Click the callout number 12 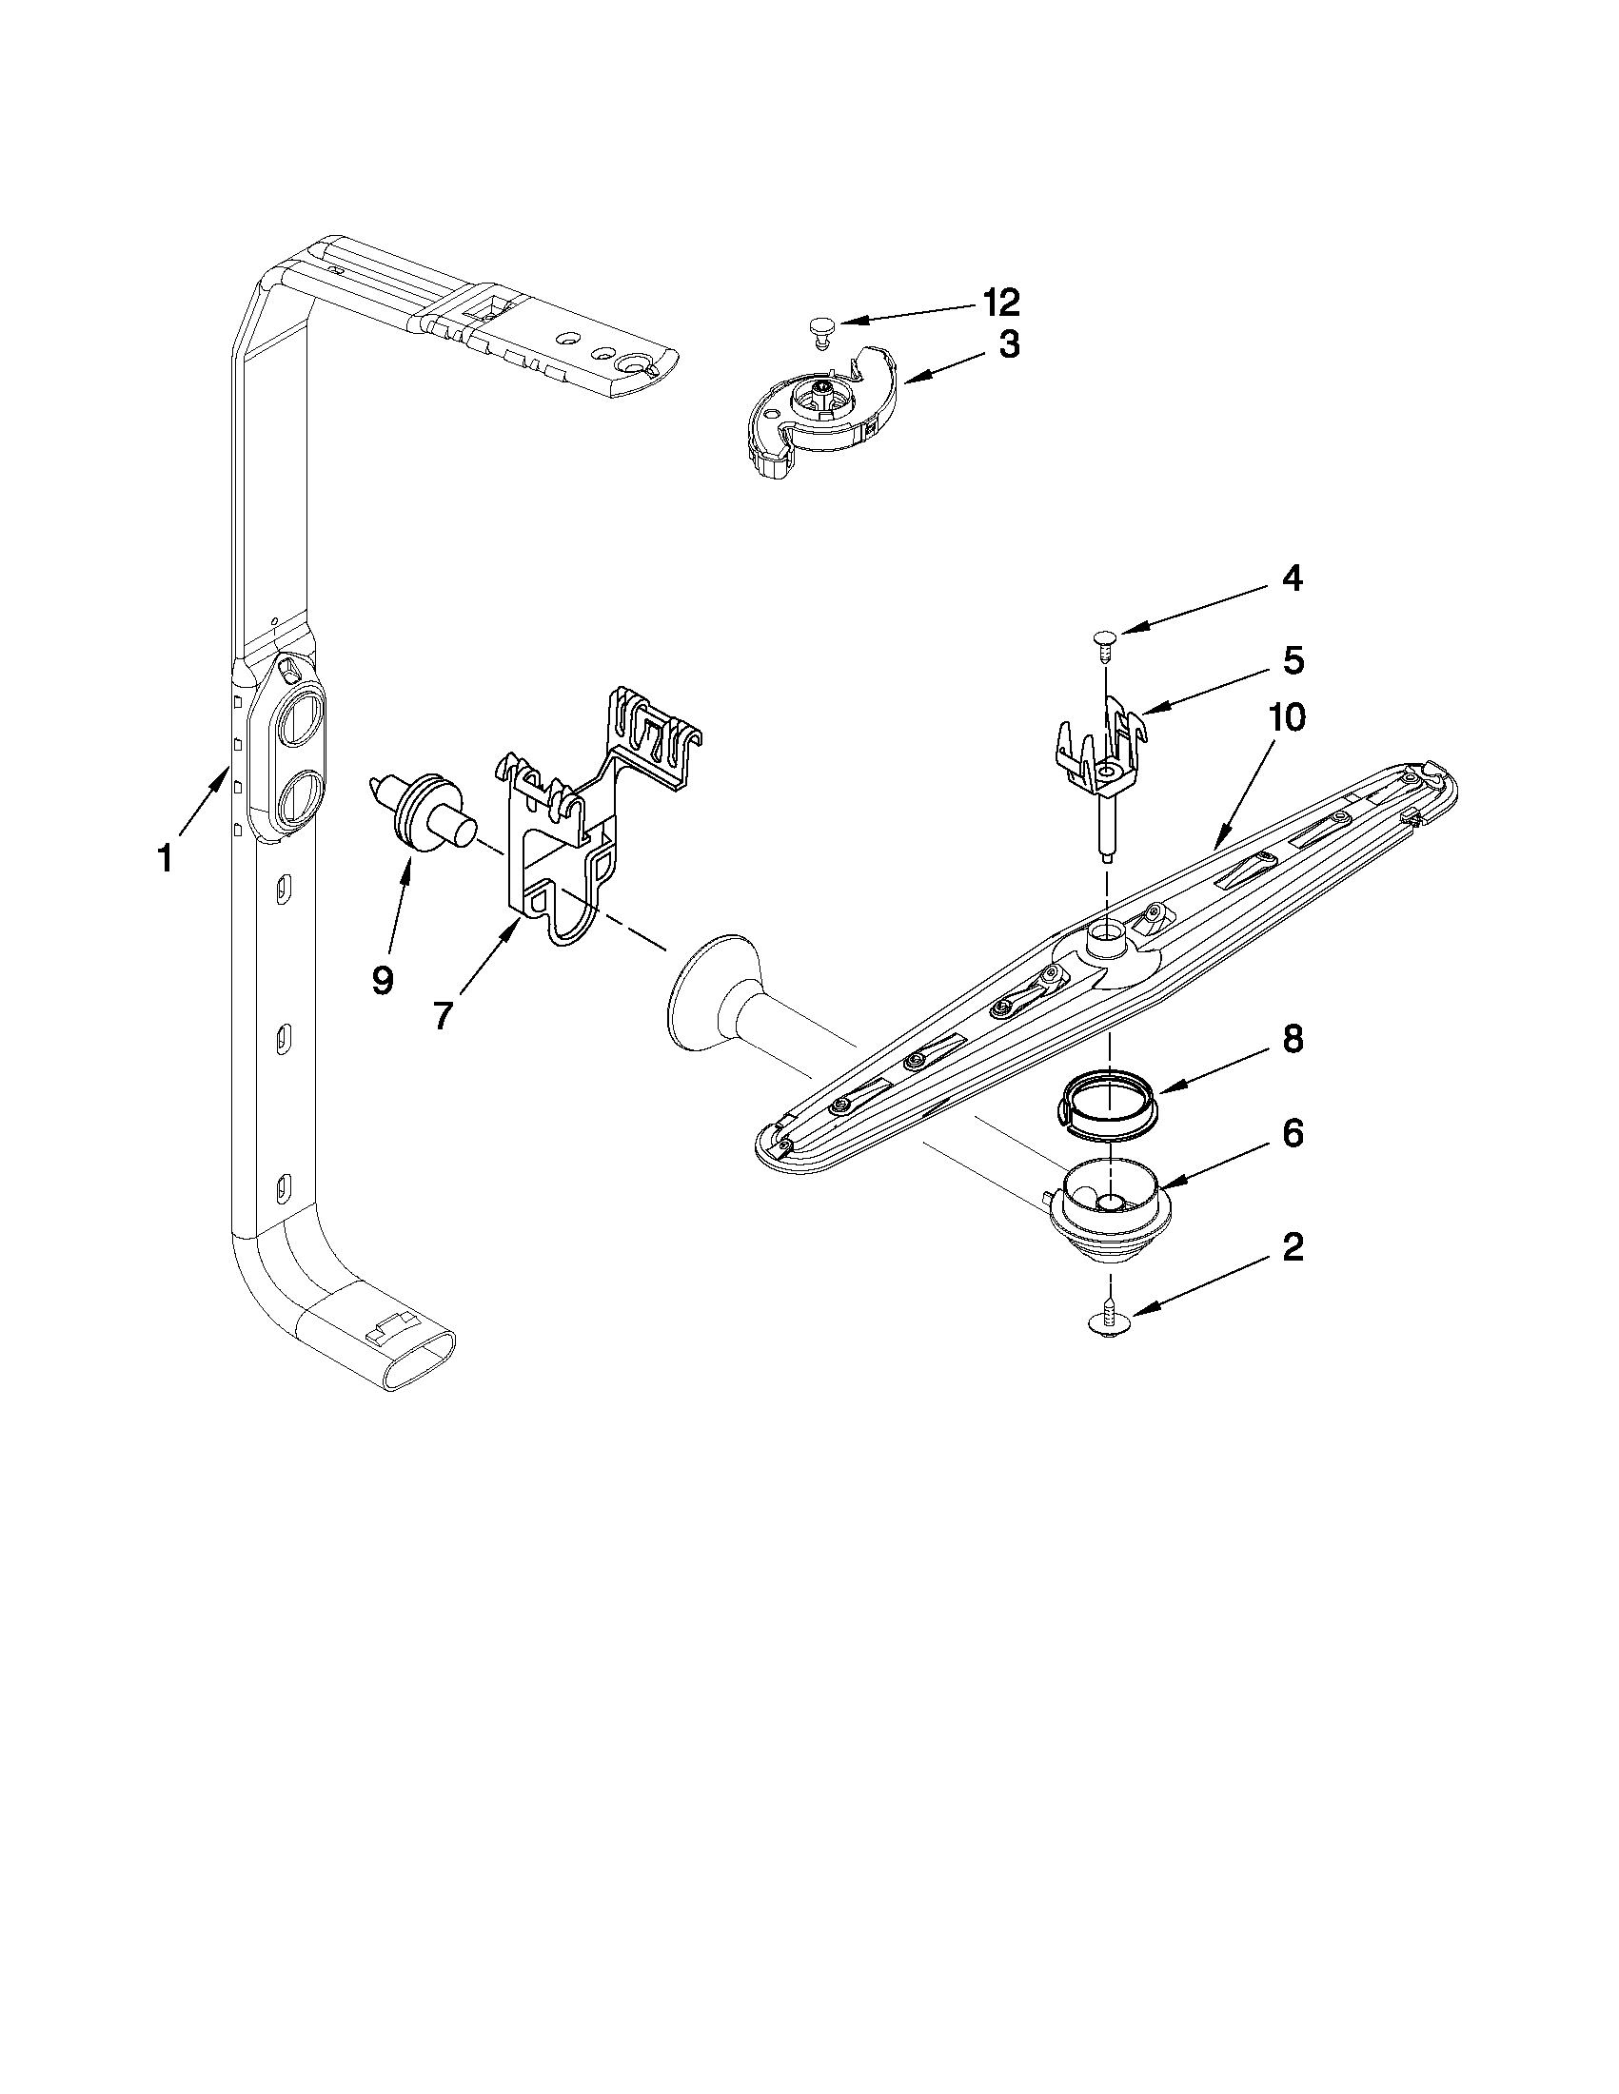pos(998,302)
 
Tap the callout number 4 pos(1292,578)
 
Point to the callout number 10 pos(1286,718)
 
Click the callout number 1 pos(165,858)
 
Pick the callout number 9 pos(382,980)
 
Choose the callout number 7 pos(441,1014)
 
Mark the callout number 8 pos(1292,1040)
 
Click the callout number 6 pos(1292,1133)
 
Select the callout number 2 pos(1292,1247)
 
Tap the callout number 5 pos(1292,660)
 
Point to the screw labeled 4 pos(1106,639)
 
